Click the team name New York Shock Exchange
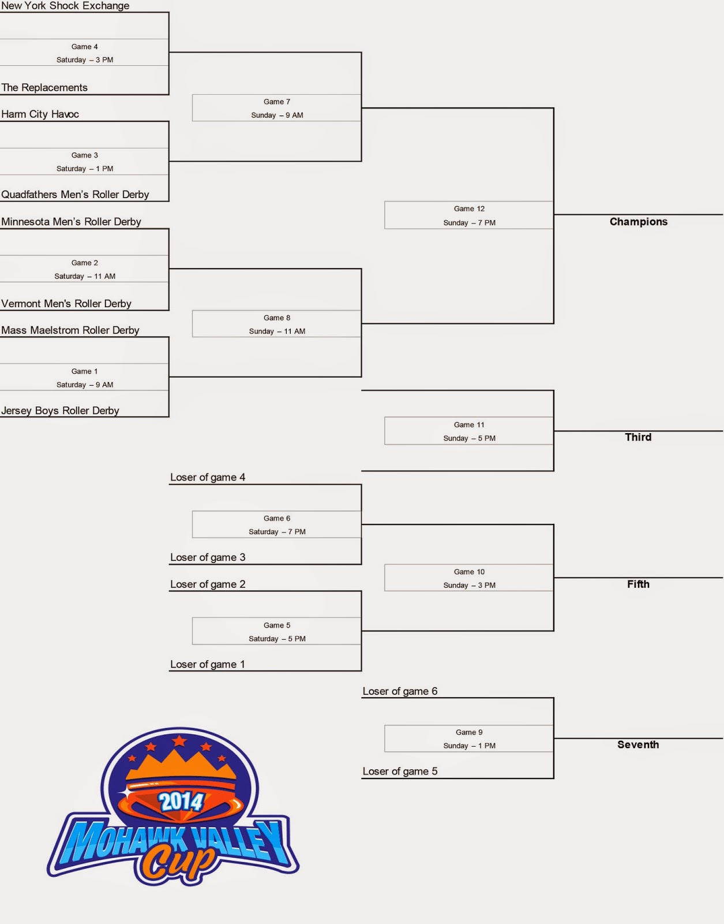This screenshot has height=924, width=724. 65,6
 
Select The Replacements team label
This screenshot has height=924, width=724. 44,88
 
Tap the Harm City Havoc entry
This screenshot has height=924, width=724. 40,114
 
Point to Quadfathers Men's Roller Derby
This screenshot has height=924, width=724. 75,195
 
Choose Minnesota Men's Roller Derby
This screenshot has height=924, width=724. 71,222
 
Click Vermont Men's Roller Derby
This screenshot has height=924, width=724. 66,304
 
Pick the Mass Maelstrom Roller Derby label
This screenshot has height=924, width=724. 70,330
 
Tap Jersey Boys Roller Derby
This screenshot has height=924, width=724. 60,411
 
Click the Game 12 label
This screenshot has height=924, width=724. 469,209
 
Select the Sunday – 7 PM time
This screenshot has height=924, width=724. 469,223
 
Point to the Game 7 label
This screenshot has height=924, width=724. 277,102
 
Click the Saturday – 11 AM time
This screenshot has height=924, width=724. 85,277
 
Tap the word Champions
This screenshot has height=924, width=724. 638,222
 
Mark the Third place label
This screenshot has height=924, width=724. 638,437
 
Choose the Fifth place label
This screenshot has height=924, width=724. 638,584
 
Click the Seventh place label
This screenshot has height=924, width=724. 638,745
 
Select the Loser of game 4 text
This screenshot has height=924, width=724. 208,478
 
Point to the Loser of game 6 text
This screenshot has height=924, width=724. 400,691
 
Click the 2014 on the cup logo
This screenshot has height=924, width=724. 181,802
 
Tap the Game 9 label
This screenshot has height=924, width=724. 469,732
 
